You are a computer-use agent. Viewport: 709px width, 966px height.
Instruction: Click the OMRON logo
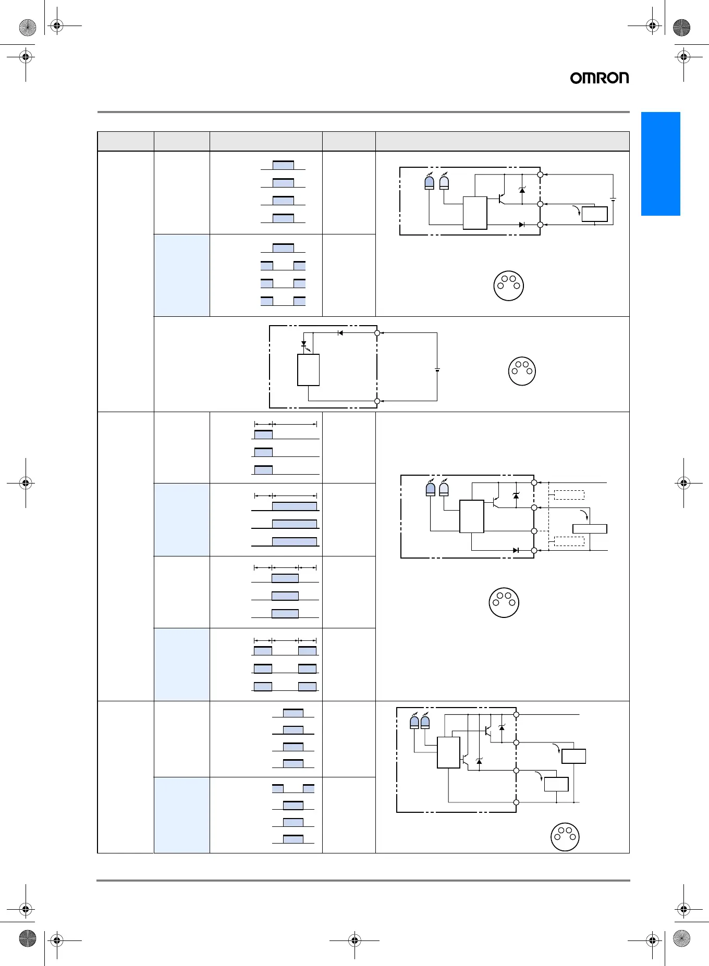click(x=599, y=78)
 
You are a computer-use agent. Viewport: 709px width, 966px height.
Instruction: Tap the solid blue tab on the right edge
click(x=661, y=164)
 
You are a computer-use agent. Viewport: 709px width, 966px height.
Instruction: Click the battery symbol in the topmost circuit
click(x=613, y=200)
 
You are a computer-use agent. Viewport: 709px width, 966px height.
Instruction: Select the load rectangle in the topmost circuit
click(x=594, y=214)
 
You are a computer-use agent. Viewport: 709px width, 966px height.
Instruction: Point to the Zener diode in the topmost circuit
click(x=522, y=190)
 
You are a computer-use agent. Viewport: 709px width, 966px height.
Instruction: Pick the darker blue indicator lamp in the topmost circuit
click(x=429, y=183)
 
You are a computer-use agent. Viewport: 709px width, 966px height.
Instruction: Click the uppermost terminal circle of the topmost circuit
click(x=540, y=175)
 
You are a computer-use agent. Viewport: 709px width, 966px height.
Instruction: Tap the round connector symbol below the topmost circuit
click(x=508, y=286)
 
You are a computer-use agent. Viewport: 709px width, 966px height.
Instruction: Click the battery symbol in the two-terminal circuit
click(x=437, y=369)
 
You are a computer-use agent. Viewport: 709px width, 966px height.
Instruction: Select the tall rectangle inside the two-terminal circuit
click(x=308, y=370)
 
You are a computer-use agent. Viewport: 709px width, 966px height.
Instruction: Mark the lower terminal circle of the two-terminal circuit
click(x=377, y=401)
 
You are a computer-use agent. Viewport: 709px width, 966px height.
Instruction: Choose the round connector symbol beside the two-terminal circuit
click(x=522, y=371)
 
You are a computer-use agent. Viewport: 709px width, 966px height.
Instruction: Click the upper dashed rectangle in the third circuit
click(x=569, y=495)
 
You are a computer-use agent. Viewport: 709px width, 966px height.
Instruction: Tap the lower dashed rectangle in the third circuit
click(x=569, y=541)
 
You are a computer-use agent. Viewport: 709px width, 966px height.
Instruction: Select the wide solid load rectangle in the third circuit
click(x=590, y=529)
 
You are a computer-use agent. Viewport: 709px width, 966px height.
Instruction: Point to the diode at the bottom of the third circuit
click(x=516, y=550)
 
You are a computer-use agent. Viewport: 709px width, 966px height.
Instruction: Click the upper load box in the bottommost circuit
click(x=573, y=756)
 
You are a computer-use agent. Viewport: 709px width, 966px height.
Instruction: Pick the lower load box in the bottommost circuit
click(x=556, y=784)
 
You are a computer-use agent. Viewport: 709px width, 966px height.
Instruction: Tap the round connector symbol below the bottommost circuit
click(x=565, y=837)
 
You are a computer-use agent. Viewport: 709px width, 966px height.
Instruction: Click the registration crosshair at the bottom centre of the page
click(x=354, y=940)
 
